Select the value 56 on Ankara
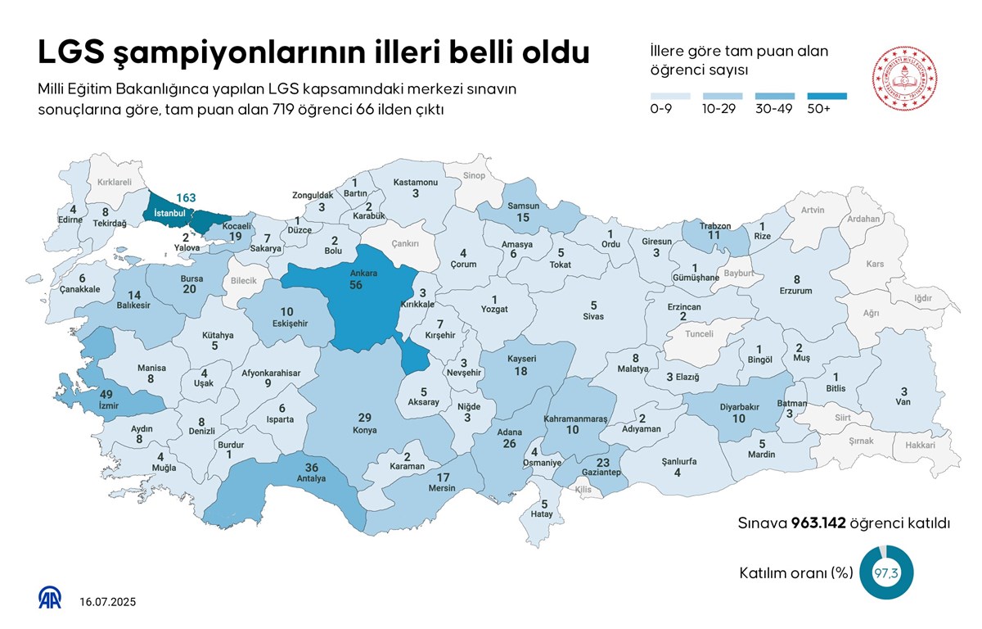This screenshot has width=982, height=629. tap(356, 284)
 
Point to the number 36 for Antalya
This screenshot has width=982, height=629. tap(311, 467)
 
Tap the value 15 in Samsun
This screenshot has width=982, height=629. tap(523, 217)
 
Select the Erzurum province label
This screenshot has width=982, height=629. tap(796, 291)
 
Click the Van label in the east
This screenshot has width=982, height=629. tap(903, 402)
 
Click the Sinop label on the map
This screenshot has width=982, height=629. tap(474, 175)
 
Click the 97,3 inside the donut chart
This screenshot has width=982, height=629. tap(886, 573)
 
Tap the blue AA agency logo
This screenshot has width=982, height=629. tap(51, 598)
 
